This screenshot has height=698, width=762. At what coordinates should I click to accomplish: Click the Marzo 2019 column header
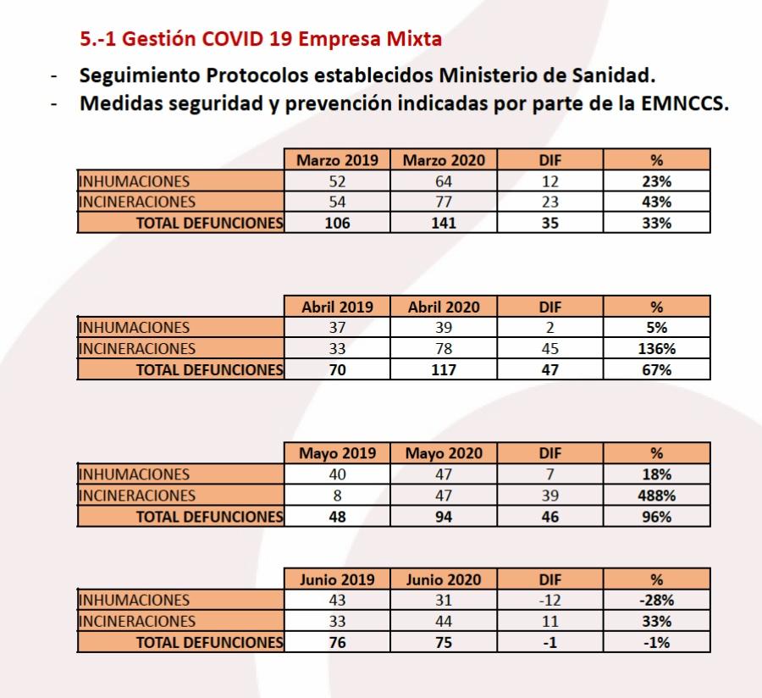pyautogui.click(x=337, y=160)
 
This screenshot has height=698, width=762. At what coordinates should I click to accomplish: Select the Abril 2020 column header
pyautogui.click(x=444, y=307)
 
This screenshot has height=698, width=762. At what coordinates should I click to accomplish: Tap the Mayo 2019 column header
pyautogui.click(x=337, y=453)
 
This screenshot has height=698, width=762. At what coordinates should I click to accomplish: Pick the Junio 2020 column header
pyautogui.click(x=444, y=580)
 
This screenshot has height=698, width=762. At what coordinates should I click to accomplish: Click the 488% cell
pyautogui.click(x=656, y=496)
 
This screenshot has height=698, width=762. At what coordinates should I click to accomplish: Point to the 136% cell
pyautogui.click(x=656, y=349)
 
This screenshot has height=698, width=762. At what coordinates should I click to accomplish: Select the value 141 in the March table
pyautogui.click(x=444, y=224)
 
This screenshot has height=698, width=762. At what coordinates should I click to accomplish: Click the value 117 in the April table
pyautogui.click(x=444, y=370)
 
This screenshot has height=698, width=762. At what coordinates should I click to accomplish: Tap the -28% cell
pyautogui.click(x=656, y=601)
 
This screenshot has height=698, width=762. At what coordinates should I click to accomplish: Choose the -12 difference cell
pyautogui.click(x=549, y=601)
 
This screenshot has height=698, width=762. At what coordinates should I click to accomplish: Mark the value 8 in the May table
pyautogui.click(x=337, y=496)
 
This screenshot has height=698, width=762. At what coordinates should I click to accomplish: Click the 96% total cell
pyautogui.click(x=656, y=517)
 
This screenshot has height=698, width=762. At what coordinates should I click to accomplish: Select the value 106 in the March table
pyautogui.click(x=337, y=224)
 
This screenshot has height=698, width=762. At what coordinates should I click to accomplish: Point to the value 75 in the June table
pyautogui.click(x=444, y=642)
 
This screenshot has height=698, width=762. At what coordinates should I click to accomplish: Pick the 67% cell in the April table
pyautogui.click(x=656, y=370)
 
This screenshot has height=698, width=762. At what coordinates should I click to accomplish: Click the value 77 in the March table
pyautogui.click(x=444, y=202)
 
